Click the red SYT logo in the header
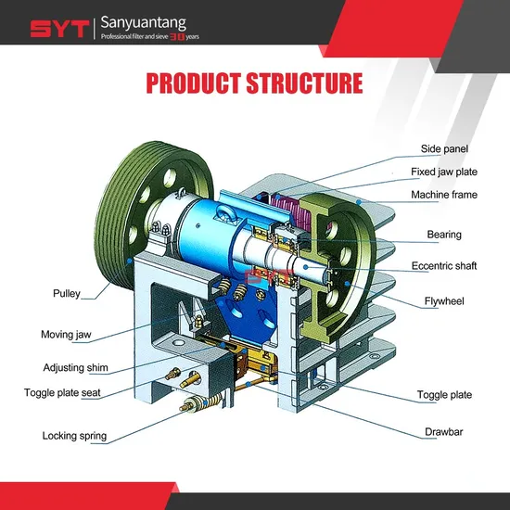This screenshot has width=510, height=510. coord(59,29)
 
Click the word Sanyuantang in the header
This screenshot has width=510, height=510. coord(143,23)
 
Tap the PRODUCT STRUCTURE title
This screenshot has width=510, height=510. coord(254,83)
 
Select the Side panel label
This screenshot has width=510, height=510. coord(444,149)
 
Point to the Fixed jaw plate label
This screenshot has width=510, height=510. coord(444,172)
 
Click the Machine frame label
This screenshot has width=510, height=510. coord(444,195)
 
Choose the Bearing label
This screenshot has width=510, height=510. coord(444,235)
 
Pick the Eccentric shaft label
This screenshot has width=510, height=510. coord(444,266)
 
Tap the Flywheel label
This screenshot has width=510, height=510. coord(444,301)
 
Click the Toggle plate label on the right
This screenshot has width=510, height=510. coord(444,395)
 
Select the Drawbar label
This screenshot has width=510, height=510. coord(443,432)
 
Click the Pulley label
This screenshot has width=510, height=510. coord(67,293)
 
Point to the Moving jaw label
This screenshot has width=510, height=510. coord(66,335)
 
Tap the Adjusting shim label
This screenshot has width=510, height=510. coord(75,367)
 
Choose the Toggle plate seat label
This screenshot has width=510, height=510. coord(62,392)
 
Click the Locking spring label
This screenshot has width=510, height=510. coord(74,436)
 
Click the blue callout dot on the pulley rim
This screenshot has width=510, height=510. coord(130,261)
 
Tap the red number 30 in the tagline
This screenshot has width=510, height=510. coord(177,37)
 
